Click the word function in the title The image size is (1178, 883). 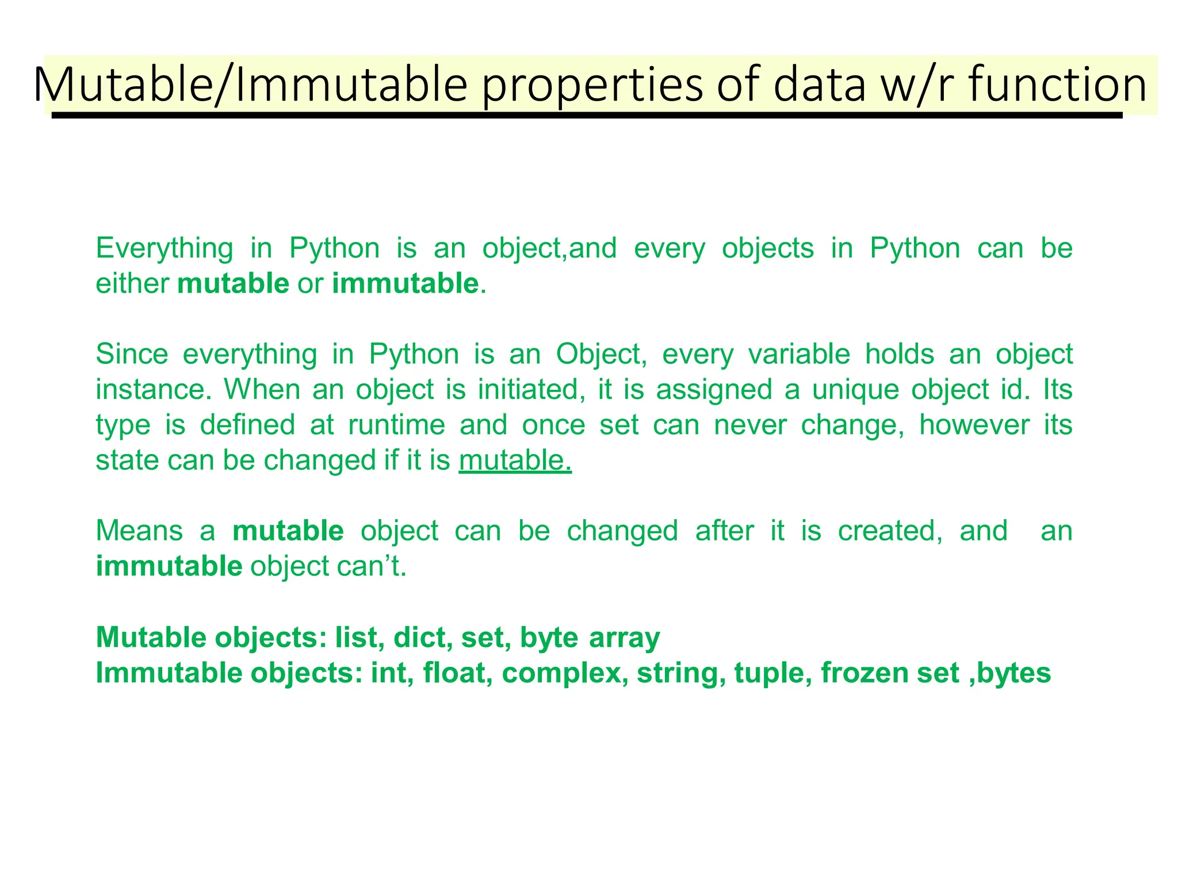point(1057,85)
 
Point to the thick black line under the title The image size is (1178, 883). point(587,116)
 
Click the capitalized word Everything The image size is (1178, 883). point(165,249)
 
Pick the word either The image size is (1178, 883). point(132,283)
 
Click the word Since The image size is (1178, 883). point(132,354)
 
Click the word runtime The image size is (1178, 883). point(397,425)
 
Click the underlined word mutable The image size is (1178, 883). point(515,460)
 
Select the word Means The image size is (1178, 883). point(139,531)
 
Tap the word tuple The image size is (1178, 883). point(773,674)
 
